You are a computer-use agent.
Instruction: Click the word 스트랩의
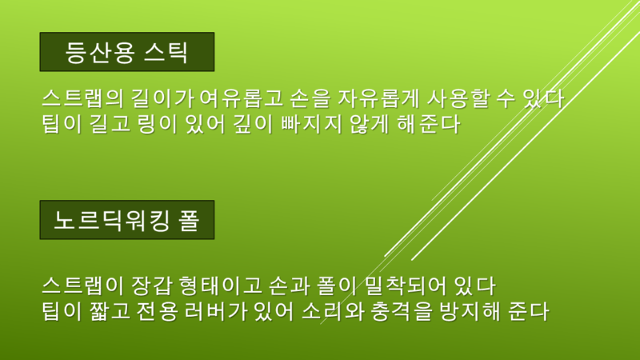[82, 98]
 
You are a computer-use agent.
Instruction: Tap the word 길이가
[162, 98]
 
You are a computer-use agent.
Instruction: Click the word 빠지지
[311, 124]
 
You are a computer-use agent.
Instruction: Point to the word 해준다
[429, 124]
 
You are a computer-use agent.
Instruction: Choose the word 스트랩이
[82, 286]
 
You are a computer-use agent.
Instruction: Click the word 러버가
[216, 311]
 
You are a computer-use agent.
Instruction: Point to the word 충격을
[402, 311]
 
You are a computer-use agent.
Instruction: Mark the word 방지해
[470, 311]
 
